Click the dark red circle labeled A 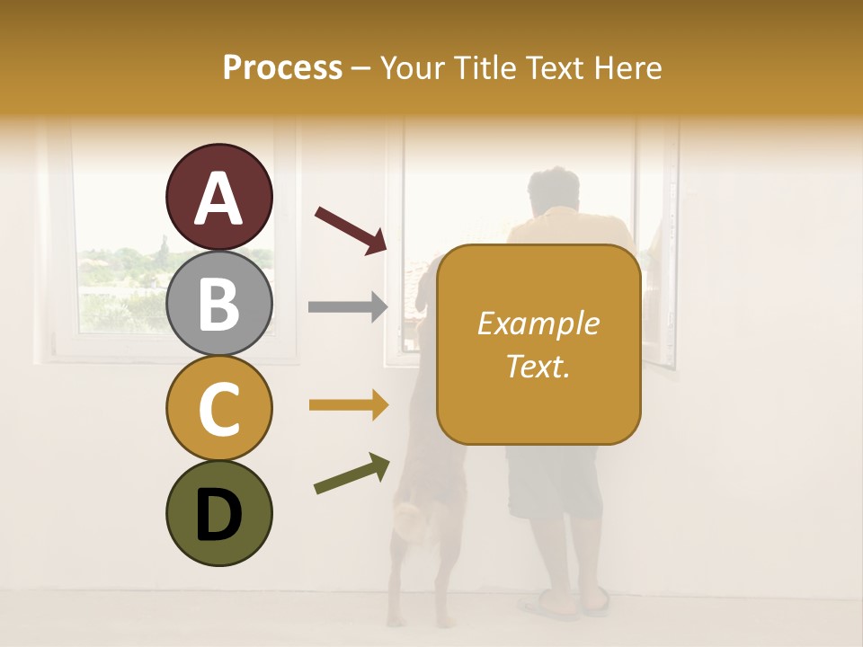[218, 197]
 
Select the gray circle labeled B [218, 303]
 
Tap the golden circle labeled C [218, 408]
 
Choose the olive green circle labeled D [218, 513]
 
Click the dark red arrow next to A [350, 229]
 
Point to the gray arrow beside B [347, 307]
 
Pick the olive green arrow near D [351, 474]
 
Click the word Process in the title [282, 68]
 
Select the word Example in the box [538, 323]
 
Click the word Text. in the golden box [538, 367]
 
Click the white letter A [218, 198]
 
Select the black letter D [218, 515]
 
